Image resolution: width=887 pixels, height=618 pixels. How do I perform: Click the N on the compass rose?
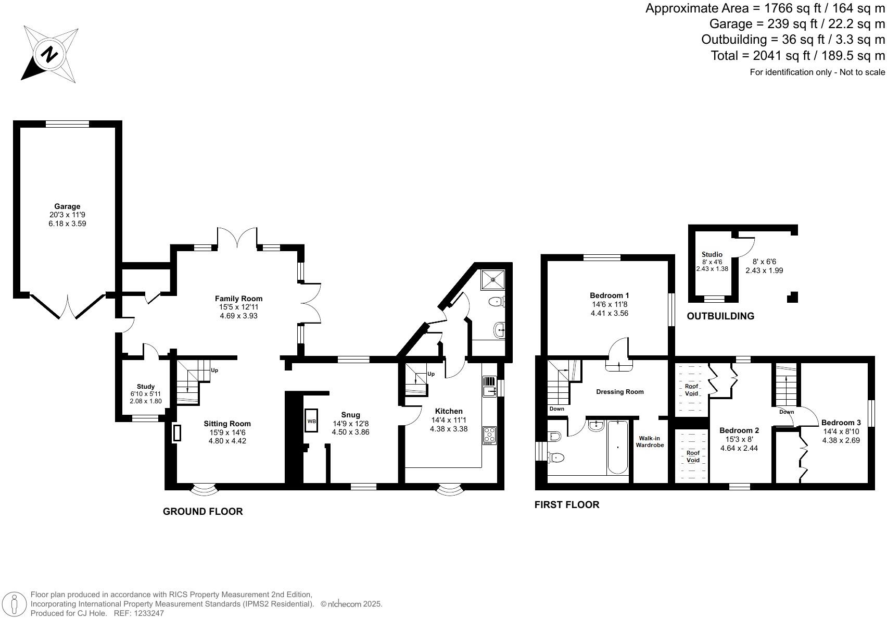(49, 54)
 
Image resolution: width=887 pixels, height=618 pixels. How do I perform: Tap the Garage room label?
(67, 206)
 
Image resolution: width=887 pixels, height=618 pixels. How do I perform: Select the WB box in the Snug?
(311, 421)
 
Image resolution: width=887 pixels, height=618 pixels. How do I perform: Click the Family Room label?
(239, 299)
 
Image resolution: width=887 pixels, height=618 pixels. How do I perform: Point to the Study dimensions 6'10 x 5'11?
(146, 393)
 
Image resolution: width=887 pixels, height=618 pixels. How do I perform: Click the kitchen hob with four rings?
(489, 435)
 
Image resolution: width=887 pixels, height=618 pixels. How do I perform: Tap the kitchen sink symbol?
(489, 387)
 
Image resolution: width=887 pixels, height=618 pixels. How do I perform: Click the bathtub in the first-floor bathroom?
(618, 448)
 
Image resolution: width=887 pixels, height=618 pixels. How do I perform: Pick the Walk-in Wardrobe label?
(650, 441)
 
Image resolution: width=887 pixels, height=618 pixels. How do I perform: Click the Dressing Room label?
(620, 392)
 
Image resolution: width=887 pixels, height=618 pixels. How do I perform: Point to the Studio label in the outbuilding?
(712, 254)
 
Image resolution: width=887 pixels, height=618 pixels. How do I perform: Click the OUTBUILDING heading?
(720, 316)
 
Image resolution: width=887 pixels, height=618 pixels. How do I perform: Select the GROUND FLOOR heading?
(202, 511)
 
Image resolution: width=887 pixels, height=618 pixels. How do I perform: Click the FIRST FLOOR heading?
(567, 504)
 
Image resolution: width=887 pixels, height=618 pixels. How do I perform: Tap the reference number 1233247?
(148, 613)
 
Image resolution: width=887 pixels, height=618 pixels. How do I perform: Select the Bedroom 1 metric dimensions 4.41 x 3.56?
(610, 313)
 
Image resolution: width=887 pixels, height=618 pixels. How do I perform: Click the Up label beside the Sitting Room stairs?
(214, 370)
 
